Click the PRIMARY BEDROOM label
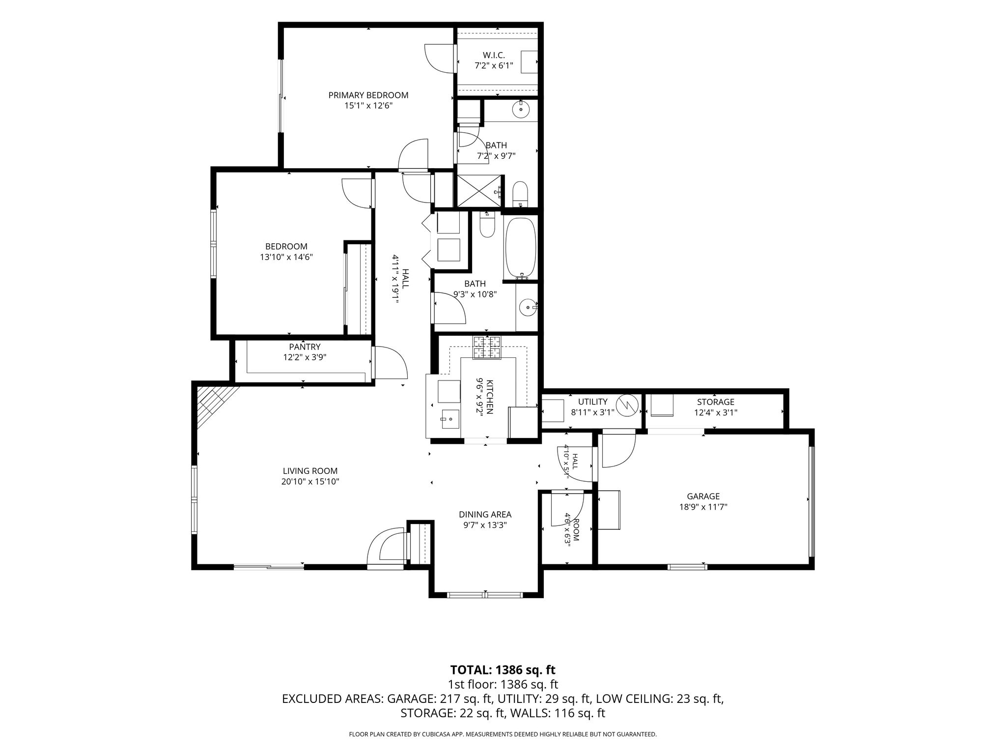[x=368, y=95]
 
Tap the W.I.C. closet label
[x=494, y=56]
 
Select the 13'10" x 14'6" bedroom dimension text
[x=286, y=257]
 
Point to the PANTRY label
[x=305, y=347]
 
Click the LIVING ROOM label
[x=310, y=471]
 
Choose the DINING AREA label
[x=485, y=515]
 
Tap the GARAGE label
[x=703, y=496]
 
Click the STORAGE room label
[x=716, y=402]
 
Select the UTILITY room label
[x=593, y=402]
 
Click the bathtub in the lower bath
[x=520, y=248]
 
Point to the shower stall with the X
[x=479, y=191]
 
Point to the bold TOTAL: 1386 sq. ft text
[x=503, y=669]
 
